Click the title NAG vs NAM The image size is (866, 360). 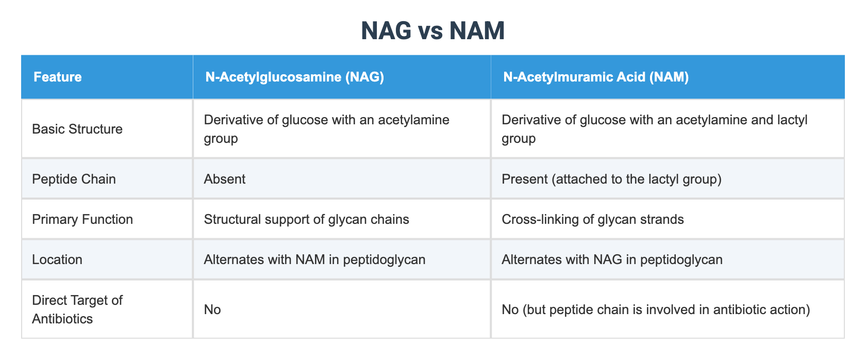point(432,31)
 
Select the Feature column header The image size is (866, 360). point(57,77)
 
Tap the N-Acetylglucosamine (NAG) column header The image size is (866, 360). point(294,77)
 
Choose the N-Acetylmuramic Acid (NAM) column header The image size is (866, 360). point(596,77)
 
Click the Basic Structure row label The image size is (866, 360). point(77,129)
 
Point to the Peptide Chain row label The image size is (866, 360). point(74,179)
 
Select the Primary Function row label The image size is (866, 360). point(82,219)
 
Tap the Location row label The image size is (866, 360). point(57,259)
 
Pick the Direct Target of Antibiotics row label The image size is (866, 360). point(77,309)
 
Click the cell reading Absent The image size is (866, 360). point(225,179)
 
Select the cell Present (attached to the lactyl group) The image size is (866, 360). point(611,179)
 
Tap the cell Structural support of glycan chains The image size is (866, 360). point(306,219)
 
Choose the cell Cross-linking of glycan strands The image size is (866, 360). point(592,219)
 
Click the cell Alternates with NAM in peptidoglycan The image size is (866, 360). point(314,259)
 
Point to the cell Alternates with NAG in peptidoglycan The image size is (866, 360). point(612,259)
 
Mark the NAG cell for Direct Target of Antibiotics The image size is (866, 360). point(212,309)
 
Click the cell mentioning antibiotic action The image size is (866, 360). point(656,309)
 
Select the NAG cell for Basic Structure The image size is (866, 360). point(326,129)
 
